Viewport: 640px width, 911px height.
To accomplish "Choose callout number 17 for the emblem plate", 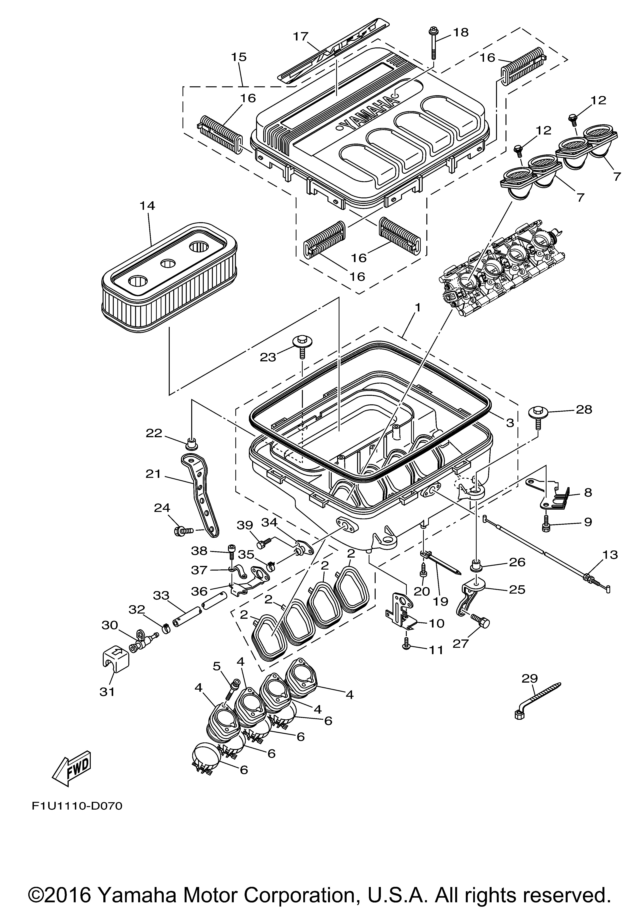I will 300,37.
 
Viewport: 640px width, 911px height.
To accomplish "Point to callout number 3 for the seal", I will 510,423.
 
